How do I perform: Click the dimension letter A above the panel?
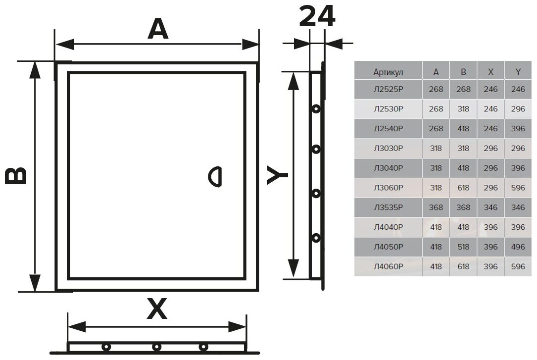tap(158, 30)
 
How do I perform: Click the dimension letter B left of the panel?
tap(16, 176)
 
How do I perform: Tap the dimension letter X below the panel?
tap(157, 310)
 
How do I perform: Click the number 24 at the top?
tap(317, 17)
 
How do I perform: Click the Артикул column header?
tap(389, 72)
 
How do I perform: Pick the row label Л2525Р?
tap(389, 90)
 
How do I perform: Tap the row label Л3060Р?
tap(389, 188)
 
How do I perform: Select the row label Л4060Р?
tap(389, 266)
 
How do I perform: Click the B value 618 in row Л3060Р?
tap(463, 188)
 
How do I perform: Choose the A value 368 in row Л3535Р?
tap(436, 207)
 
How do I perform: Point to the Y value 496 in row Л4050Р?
tap(518, 247)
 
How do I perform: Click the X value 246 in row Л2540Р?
tap(490, 129)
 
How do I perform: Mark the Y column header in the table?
tap(518, 72)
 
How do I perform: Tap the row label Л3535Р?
tap(389, 207)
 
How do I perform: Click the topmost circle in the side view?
tap(315, 108)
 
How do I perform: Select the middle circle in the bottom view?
tap(156, 347)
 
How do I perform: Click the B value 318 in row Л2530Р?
tap(463, 109)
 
